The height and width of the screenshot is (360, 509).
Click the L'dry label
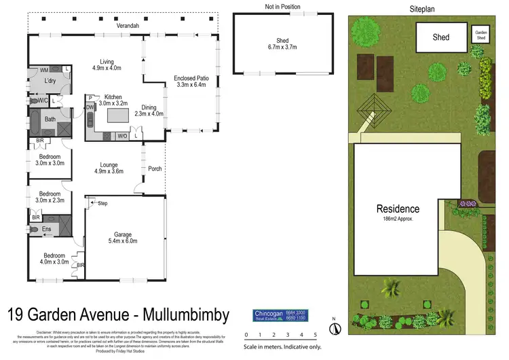[50, 81]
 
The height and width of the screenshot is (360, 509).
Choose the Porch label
[155, 168]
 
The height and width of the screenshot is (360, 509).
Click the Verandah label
[128, 26]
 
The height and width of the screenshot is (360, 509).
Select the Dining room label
[149, 107]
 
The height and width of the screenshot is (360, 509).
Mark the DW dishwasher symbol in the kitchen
[90, 107]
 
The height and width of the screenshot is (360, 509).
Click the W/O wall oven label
[122, 136]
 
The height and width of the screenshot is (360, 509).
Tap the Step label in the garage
[103, 203]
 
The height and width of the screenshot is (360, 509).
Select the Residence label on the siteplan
[398, 209]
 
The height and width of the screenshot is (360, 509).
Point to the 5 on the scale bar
[316, 335]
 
